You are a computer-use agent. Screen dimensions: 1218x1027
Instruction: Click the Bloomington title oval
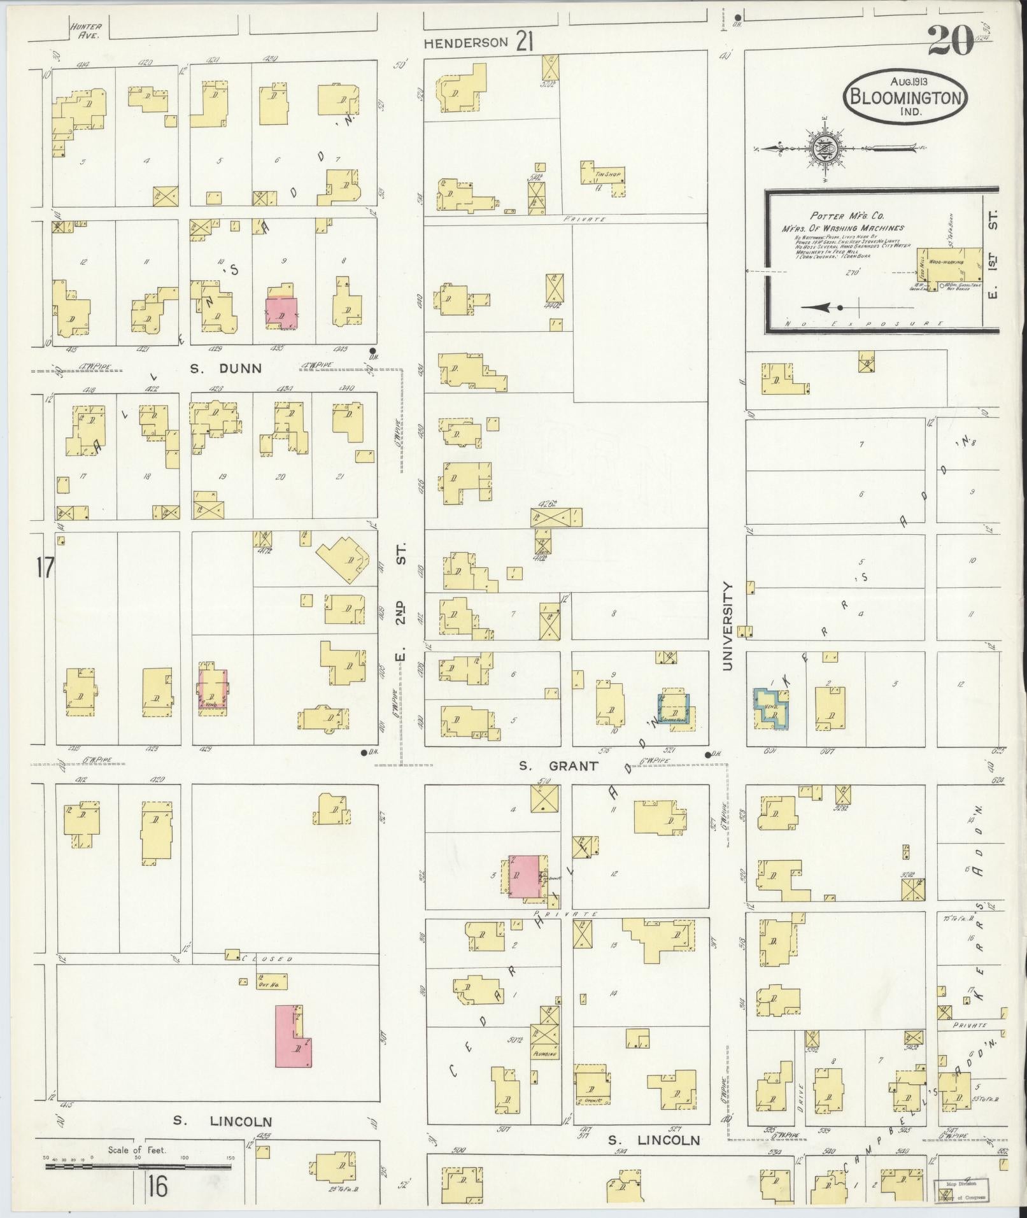tap(905, 97)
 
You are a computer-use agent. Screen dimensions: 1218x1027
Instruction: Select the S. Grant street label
tap(558, 766)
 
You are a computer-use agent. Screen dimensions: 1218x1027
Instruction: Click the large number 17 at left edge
tap(46, 567)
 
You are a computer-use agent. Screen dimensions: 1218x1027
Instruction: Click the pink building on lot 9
tap(281, 311)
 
